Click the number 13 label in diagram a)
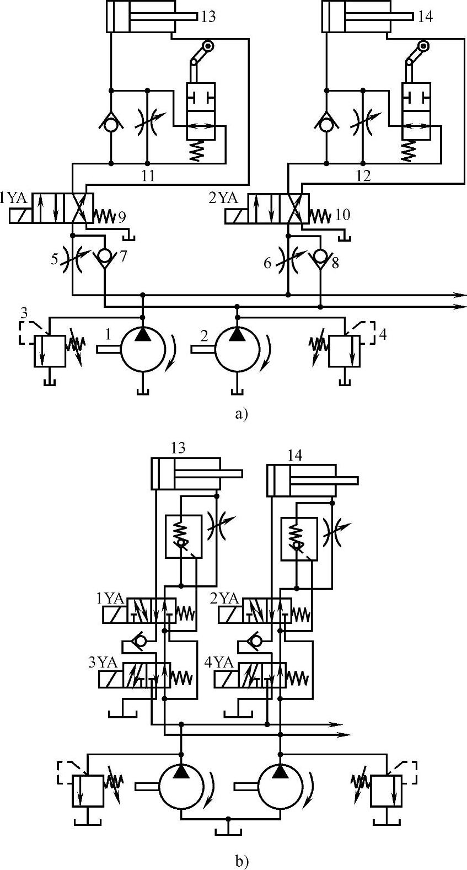208,17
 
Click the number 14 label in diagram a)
425,17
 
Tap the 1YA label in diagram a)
12,198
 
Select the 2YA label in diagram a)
223,198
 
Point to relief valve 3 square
50,350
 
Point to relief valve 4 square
344,350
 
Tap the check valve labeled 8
320,257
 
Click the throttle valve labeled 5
73,257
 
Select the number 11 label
147,176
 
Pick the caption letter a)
241,413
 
